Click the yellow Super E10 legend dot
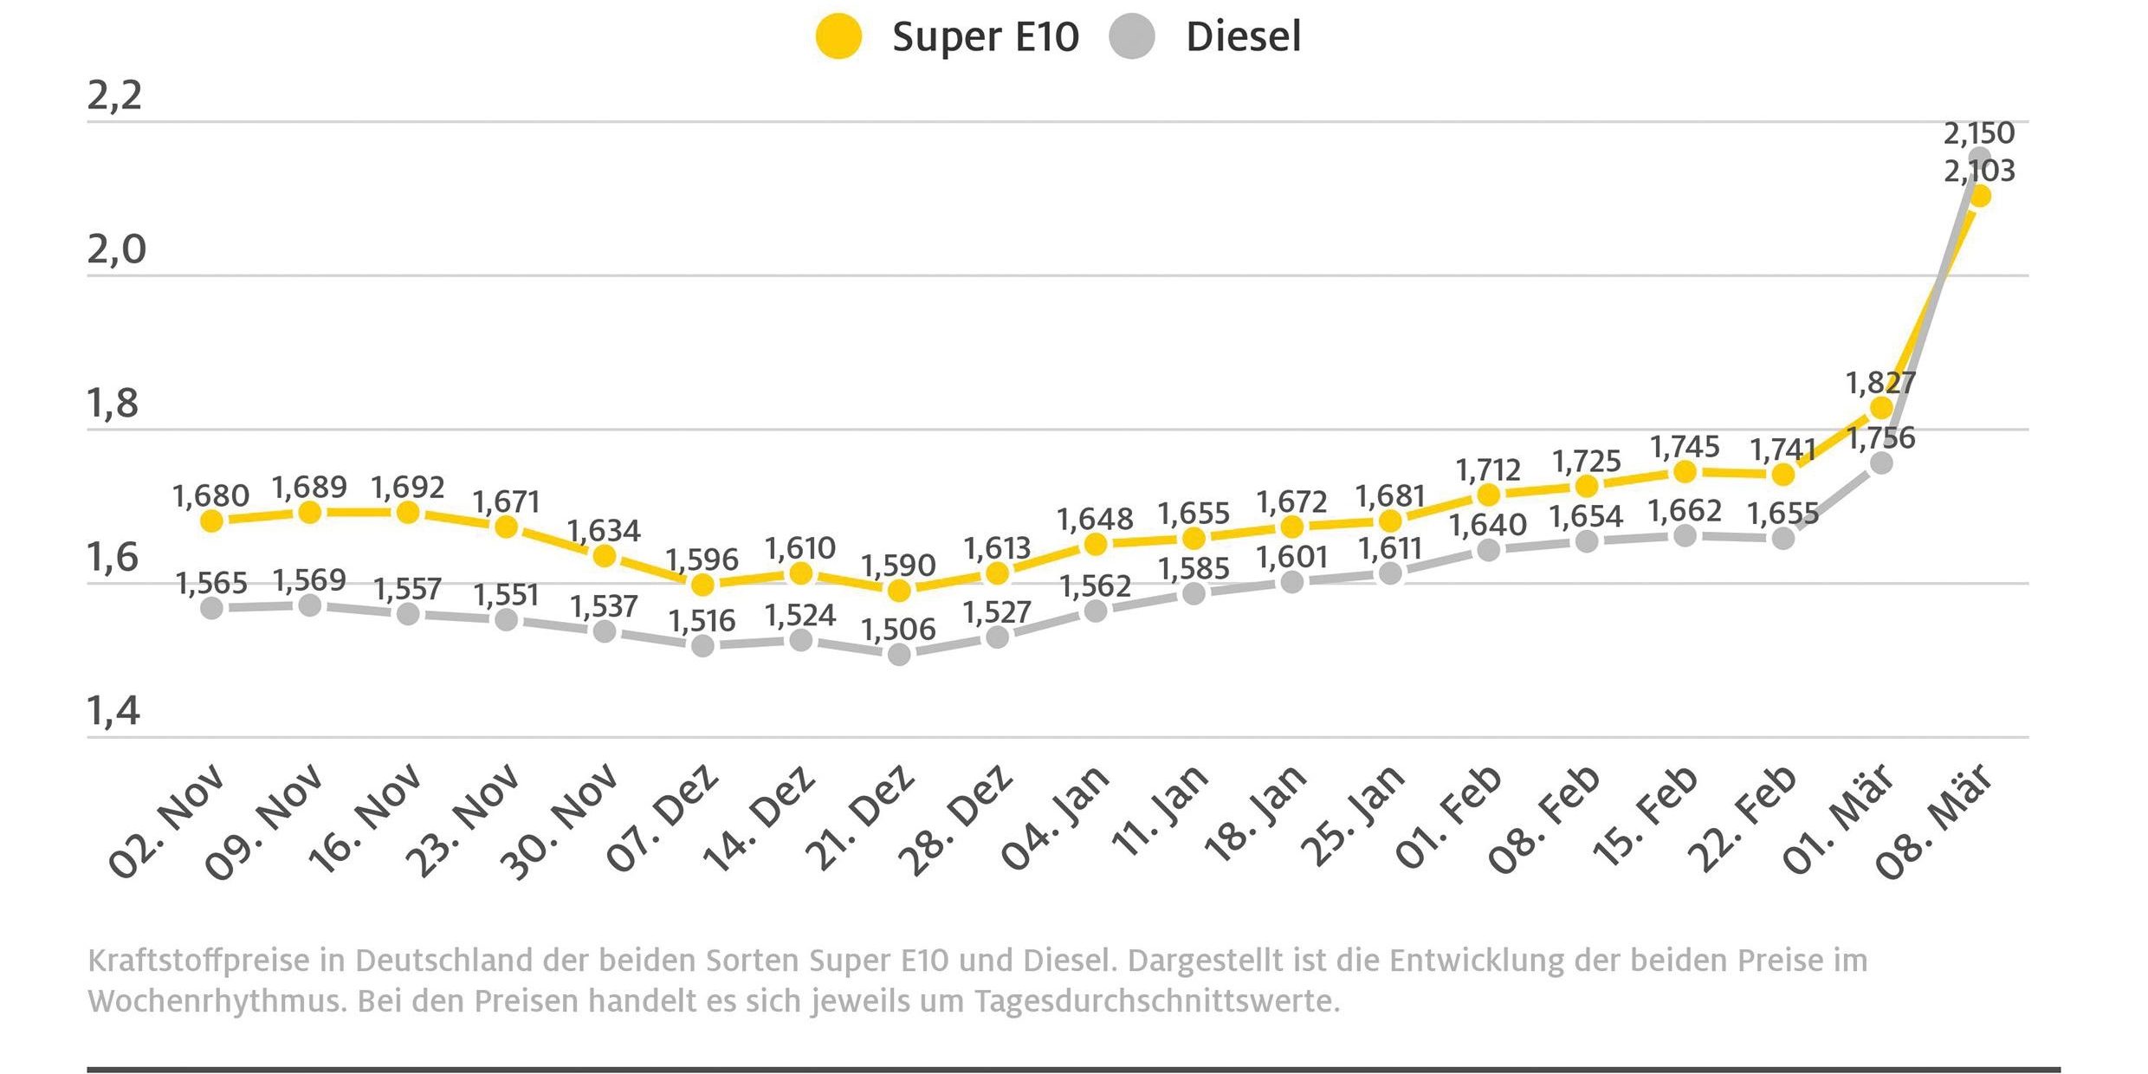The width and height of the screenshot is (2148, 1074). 838,37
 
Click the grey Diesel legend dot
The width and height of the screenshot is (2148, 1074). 1132,37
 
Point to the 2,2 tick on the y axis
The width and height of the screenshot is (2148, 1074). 114,95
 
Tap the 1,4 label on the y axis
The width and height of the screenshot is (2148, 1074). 113,711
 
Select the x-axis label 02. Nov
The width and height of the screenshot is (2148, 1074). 166,821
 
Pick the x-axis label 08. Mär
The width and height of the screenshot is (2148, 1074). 1934,821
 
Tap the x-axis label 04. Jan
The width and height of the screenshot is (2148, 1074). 1054,818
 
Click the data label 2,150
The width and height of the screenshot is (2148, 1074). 1979,133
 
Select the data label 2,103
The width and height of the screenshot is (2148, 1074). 1979,171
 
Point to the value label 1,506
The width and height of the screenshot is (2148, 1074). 898,630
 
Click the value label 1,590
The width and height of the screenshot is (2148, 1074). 898,566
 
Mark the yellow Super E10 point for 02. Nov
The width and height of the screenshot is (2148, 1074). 212,521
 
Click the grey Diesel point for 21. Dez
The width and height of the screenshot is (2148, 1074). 899,654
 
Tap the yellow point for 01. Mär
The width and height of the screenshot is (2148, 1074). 1881,408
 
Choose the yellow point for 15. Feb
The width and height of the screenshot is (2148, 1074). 1685,471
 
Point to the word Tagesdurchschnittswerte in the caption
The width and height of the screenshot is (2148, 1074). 1156,1001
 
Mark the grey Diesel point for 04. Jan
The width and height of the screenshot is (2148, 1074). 1096,611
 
